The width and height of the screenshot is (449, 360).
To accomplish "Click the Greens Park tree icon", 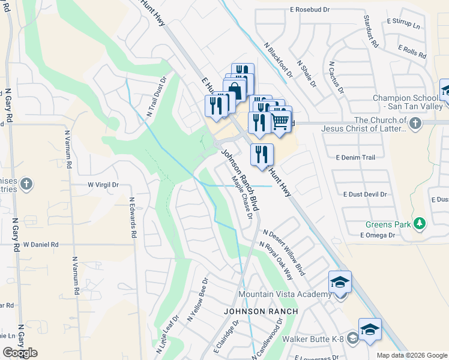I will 420,224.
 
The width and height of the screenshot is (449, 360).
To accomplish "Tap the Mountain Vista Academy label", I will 285,294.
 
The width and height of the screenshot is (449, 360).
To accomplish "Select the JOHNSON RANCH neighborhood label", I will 261,311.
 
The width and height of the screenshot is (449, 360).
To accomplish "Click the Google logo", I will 20,352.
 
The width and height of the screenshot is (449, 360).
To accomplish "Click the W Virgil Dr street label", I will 103,185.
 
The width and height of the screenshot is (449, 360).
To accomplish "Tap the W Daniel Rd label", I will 41,245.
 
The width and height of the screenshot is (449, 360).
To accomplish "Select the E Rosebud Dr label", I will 310,10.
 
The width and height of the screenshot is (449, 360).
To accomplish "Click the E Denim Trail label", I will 355,157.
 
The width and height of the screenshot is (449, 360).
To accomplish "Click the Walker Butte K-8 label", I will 322,339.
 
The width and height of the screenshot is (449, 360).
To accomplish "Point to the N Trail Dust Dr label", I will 157,96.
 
